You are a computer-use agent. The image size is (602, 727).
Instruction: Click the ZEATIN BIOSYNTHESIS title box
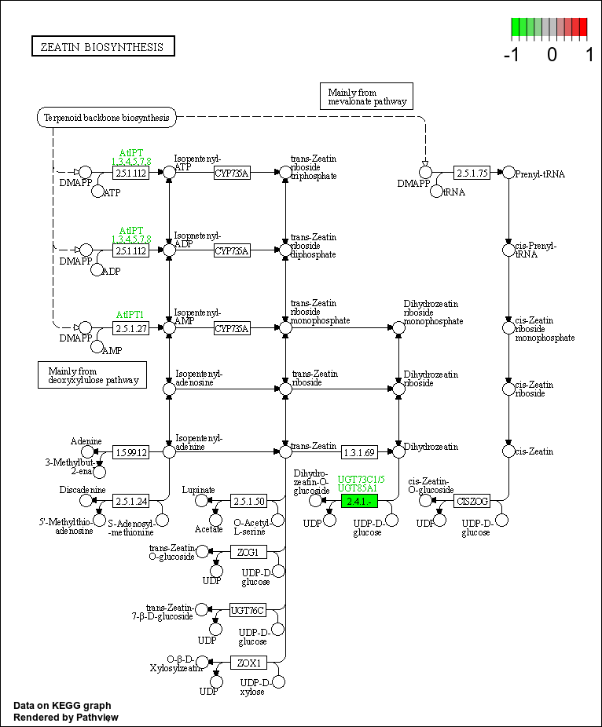point(103,47)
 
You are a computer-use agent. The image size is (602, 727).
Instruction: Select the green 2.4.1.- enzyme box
point(360,500)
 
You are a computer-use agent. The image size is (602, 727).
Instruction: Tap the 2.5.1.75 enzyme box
point(472,173)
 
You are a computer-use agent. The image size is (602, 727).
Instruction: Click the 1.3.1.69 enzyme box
point(360,452)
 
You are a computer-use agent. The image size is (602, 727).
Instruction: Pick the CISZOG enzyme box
point(472,500)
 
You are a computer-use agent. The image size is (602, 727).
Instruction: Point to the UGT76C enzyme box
point(248,610)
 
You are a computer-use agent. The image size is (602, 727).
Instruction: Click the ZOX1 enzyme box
point(248,663)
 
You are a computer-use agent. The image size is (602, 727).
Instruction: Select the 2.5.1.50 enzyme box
point(249,500)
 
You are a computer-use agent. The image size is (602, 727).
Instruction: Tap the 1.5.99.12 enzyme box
point(131,452)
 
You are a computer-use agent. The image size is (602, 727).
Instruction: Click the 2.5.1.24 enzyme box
point(131,500)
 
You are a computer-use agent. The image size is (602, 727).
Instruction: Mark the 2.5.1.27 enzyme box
point(131,328)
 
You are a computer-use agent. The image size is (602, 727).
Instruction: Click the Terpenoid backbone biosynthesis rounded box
point(107,118)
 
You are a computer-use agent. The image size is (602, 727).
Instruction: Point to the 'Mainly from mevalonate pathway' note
point(367,97)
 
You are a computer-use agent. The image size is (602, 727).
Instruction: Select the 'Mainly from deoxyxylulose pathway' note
point(93,375)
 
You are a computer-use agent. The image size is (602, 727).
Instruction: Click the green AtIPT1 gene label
point(130,315)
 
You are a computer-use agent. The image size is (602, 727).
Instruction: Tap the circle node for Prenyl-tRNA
point(508,173)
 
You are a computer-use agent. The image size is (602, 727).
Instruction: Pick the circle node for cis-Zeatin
point(508,451)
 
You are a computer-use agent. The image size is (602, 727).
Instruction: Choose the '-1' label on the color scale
point(513,54)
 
